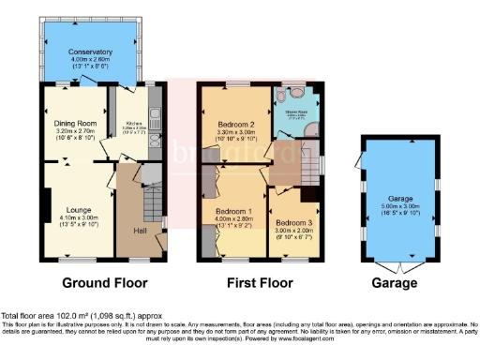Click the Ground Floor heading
point(101,282)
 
